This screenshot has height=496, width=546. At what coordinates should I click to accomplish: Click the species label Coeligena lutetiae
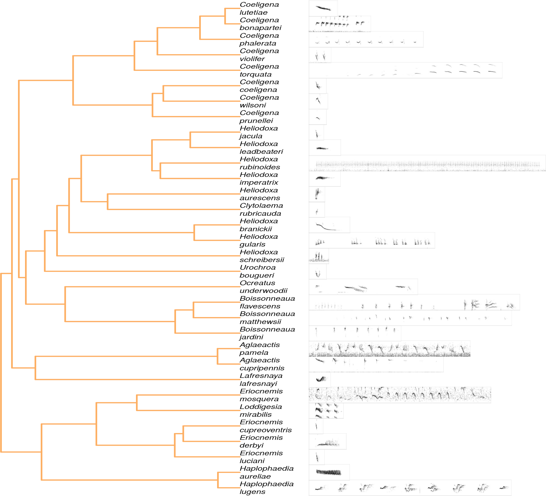pos(259,8)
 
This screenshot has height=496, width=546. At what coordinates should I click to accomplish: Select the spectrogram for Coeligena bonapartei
pos(340,24)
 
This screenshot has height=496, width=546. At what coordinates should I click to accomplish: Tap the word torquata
pos(255,74)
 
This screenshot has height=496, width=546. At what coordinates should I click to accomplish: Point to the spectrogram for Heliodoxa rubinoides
pos(427,163)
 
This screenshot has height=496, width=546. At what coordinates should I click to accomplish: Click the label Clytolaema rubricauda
pos(261,209)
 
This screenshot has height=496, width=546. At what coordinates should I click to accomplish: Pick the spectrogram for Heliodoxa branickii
pos(329,225)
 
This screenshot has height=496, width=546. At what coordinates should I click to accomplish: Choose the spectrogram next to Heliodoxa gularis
pos(372,241)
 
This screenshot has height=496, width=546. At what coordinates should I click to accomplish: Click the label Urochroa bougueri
pos(257,271)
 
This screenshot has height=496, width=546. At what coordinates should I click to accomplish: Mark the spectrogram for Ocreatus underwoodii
pos(363,287)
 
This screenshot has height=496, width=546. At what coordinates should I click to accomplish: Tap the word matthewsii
pos(260,322)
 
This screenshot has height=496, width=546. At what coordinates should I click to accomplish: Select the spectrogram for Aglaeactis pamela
pos(389,349)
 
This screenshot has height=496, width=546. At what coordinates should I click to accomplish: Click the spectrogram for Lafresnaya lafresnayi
pos(320,379)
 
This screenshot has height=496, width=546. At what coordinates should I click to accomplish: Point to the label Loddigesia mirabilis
pos(260,410)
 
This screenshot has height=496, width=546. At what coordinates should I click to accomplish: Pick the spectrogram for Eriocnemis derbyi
pos(328,441)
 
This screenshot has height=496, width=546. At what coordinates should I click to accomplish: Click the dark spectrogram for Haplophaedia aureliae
pos(329,472)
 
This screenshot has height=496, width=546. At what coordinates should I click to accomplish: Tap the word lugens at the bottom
pos(252,492)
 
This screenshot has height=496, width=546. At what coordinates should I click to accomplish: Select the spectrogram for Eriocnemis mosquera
pos(399,395)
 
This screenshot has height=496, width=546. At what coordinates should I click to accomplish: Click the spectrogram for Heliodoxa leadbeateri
pos(324,148)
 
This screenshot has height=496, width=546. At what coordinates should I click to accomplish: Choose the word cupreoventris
pos(266,430)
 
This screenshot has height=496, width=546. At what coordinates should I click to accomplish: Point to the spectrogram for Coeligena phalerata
pos(366,39)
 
